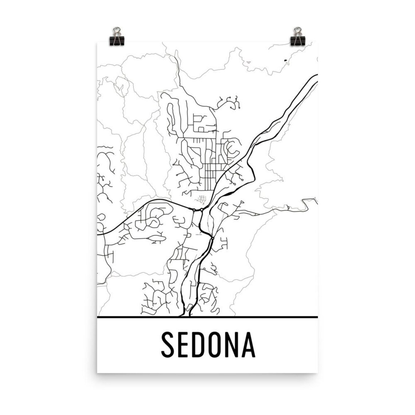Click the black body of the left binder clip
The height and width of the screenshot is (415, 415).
click(116, 40)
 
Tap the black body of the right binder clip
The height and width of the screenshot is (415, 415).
click(298, 40)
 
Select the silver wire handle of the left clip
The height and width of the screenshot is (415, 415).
click(117, 31)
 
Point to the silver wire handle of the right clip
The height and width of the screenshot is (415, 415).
click(298, 31)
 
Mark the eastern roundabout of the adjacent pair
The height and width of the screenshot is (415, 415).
click(202, 210)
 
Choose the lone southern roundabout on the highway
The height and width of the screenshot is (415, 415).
click(212, 238)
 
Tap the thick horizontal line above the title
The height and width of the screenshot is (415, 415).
click(207, 317)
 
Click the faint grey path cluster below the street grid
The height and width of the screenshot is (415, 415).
click(201, 199)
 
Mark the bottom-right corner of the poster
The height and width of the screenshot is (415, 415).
click(317, 373)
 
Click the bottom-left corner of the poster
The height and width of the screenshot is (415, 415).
click(97, 373)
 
